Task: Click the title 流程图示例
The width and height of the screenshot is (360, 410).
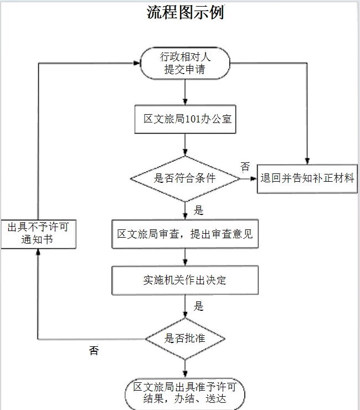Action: pos(185,12)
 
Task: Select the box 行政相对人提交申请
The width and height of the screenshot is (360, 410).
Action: pos(185,63)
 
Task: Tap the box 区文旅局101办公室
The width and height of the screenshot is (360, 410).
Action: pos(185,119)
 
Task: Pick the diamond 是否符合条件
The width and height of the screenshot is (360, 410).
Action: pos(185,178)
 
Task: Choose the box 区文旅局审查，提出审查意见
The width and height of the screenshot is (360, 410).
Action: pos(185,234)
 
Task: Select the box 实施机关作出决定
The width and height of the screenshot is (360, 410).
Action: pos(185,280)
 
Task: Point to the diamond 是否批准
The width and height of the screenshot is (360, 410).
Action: pos(185,339)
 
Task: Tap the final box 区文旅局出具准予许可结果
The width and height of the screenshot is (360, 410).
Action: pos(185,393)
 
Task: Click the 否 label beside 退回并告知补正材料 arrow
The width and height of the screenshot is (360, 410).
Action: pos(245,166)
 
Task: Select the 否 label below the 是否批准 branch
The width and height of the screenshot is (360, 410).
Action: pos(94,351)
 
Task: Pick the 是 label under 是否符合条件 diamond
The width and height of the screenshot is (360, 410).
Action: pos(199,211)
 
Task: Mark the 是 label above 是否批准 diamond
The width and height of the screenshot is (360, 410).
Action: pos(199,306)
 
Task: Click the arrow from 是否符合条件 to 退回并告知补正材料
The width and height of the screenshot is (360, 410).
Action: pos(249,178)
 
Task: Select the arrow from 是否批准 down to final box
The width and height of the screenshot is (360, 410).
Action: pos(185,368)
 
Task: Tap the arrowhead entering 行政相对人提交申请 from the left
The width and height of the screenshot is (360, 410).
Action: pos(136,63)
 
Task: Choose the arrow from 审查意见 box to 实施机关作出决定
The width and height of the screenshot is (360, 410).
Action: pos(185,257)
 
